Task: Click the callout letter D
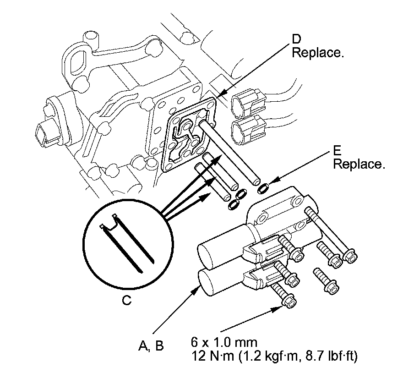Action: point(296,39)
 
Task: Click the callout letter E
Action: point(337,151)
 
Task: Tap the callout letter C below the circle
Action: point(127,300)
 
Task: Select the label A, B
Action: point(151,346)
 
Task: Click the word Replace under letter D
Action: point(318,53)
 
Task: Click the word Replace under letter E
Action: point(359,164)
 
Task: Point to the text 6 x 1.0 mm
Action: point(224,342)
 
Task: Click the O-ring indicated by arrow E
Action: point(263,188)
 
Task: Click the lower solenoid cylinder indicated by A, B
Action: point(221,282)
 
